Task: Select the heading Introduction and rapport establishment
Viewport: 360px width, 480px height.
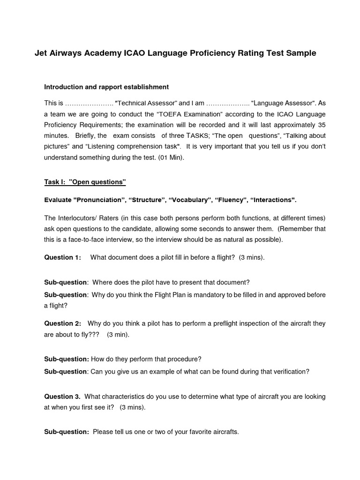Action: coord(106,87)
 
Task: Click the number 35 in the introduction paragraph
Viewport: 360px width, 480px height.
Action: coord(321,125)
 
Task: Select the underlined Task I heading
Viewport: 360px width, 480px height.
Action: coord(85,181)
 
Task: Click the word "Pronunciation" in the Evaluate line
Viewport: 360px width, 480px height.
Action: coord(99,200)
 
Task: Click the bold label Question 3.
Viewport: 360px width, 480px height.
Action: coord(62,397)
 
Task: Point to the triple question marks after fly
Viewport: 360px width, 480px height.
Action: coord(93,335)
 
